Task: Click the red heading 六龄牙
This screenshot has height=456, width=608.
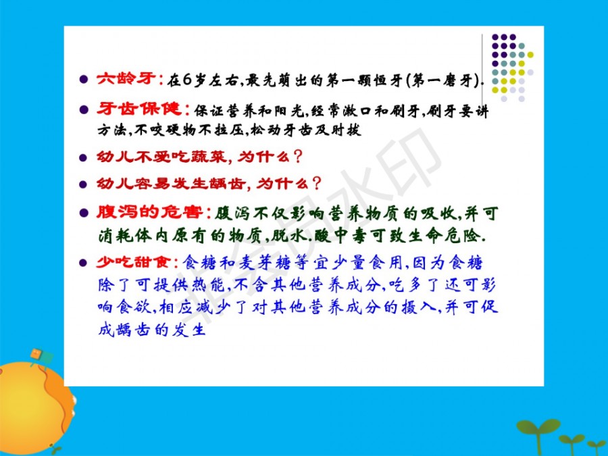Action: click(126, 79)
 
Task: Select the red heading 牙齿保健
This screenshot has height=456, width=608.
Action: click(139, 109)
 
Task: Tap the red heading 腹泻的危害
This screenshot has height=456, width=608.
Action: click(150, 213)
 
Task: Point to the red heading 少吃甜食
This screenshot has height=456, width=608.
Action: click(133, 263)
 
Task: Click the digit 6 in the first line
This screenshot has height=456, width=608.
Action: click(188, 80)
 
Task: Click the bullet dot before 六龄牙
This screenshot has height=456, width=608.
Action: click(83, 80)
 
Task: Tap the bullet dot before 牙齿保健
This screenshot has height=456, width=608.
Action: click(83, 109)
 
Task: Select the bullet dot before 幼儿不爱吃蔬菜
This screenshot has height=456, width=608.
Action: click(83, 158)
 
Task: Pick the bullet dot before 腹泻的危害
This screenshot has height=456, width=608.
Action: click(83, 213)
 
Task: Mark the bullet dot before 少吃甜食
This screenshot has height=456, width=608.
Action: click(83, 263)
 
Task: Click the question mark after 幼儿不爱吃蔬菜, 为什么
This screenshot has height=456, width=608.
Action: click(298, 157)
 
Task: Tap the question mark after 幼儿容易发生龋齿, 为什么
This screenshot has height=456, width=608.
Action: click(317, 183)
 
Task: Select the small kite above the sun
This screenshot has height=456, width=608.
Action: click(41, 357)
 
